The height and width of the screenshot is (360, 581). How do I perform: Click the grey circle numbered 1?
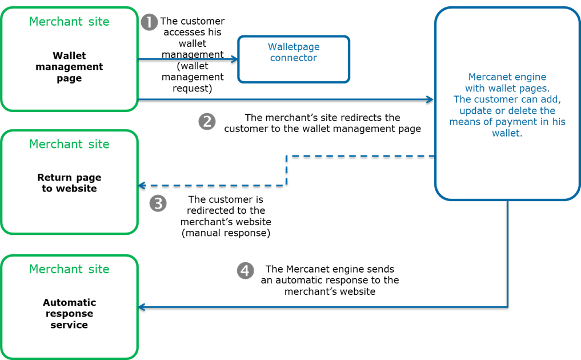coord(149,22)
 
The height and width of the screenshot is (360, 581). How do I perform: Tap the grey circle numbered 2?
coord(207,121)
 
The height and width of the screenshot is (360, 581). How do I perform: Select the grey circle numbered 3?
coord(158,203)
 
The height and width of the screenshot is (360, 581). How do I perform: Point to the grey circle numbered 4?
coord(245,271)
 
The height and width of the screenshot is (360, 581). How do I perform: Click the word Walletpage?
coord(294,47)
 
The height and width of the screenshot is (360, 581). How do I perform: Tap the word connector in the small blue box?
coord(294,58)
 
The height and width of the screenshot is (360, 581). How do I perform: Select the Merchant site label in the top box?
coord(69,22)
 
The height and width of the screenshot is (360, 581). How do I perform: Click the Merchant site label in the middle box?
coord(69,144)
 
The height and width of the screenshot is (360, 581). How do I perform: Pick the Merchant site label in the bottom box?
coord(69,269)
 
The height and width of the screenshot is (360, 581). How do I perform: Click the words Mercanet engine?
coord(507,77)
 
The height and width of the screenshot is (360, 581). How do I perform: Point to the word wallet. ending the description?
coord(507,133)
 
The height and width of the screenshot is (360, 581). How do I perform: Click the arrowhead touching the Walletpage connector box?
coord(234,59)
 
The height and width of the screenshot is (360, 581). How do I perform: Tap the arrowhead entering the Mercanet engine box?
coord(431,99)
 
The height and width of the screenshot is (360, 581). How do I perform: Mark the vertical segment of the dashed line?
coord(286,170)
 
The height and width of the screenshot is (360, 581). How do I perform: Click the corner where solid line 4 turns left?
coord(508,307)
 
